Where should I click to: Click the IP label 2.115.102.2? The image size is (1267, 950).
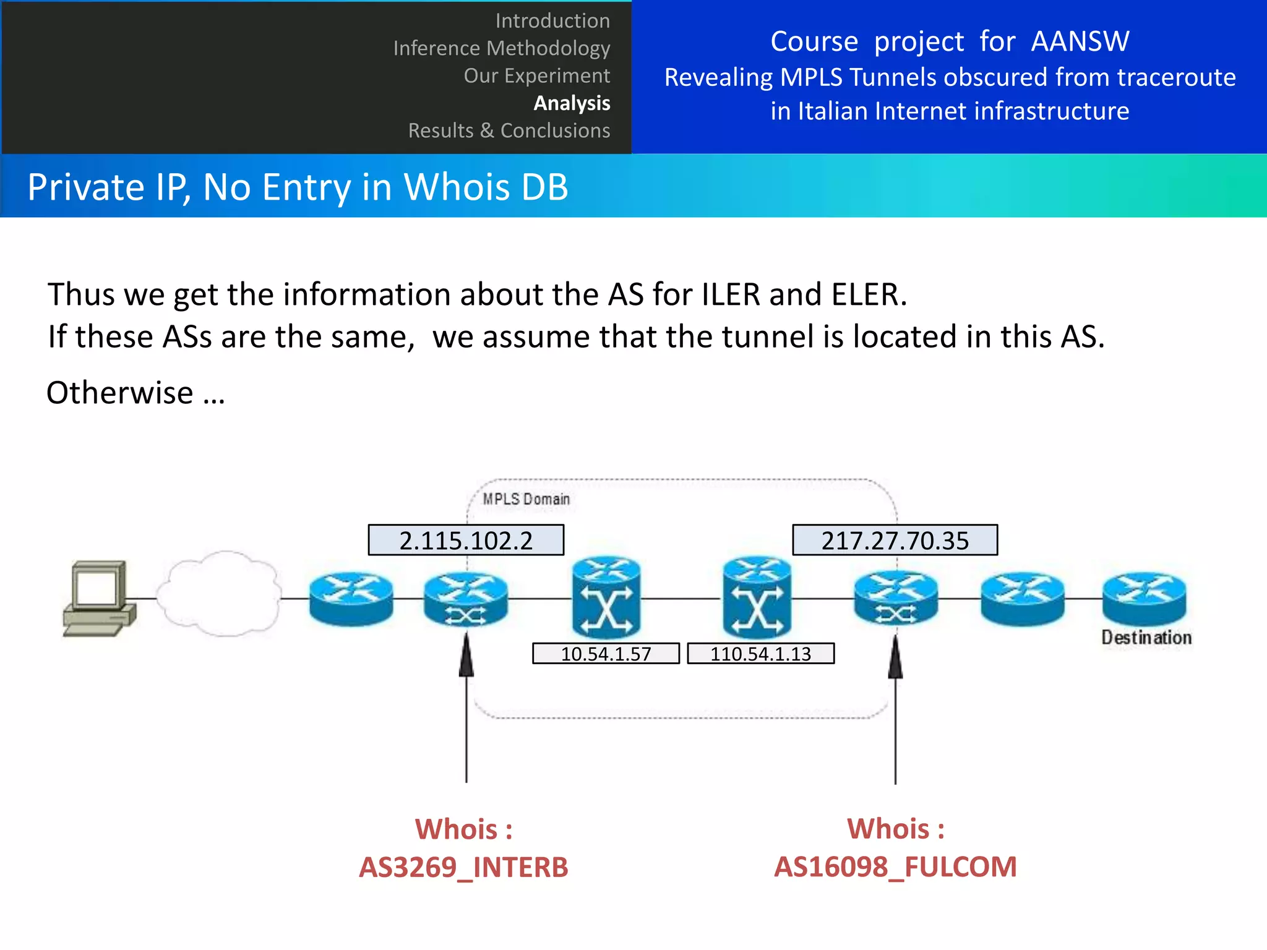click(466, 540)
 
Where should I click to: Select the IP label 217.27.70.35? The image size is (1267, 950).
click(895, 540)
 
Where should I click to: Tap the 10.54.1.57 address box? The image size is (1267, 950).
click(606, 654)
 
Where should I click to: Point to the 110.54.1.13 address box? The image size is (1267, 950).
click(760, 654)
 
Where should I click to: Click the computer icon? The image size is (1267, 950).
click(99, 598)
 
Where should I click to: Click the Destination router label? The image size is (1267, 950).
click(1146, 638)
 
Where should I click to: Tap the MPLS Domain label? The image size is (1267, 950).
click(526, 499)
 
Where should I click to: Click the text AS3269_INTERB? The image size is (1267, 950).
click(463, 867)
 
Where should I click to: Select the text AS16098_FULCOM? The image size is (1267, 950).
click(895, 867)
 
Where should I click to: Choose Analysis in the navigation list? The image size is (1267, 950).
click(572, 103)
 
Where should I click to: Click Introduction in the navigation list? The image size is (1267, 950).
click(552, 21)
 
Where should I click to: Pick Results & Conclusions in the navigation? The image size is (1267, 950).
click(509, 131)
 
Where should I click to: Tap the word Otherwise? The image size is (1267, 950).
click(120, 393)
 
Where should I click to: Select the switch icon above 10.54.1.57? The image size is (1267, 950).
click(606, 597)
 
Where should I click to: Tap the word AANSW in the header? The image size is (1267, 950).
click(1080, 41)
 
